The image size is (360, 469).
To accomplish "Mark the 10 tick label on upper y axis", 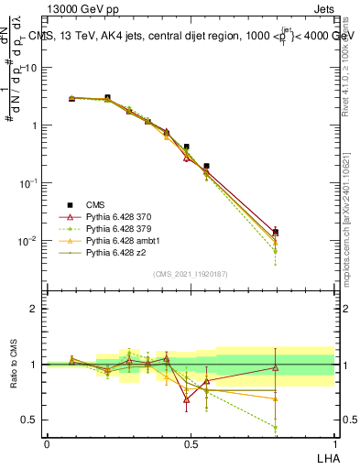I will [31, 68].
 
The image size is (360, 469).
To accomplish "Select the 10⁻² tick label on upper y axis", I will [28, 241].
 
